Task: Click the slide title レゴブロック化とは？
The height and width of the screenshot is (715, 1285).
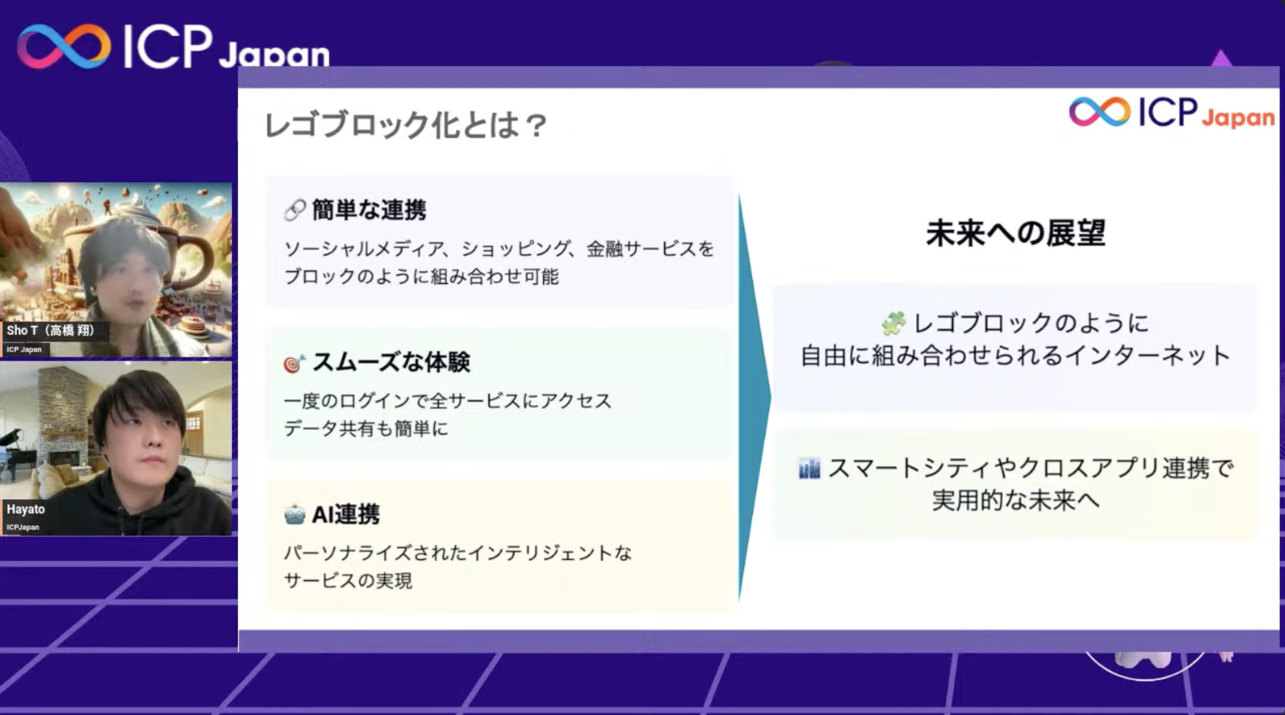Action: (405, 125)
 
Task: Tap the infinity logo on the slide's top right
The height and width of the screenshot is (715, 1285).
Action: (1099, 112)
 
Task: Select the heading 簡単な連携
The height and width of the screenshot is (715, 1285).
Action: (369, 210)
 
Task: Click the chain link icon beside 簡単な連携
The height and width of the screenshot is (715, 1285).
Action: (295, 210)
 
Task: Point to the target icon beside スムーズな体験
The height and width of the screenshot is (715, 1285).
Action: (294, 364)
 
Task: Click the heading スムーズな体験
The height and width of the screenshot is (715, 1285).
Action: (391, 362)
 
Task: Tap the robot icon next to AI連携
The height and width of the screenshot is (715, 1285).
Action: (294, 515)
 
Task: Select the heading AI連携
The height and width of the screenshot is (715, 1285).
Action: (345, 514)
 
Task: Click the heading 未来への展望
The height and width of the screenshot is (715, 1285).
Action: (1015, 233)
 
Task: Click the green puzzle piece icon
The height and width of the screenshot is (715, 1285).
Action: (893, 323)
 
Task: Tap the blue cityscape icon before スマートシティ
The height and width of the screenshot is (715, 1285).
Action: (809, 469)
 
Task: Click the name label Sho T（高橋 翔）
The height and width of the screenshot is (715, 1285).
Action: (51, 330)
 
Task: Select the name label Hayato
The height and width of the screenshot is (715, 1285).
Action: (26, 509)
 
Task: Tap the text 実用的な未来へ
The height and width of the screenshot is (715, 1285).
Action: (1015, 500)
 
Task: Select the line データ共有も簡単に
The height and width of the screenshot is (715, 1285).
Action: (366, 429)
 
